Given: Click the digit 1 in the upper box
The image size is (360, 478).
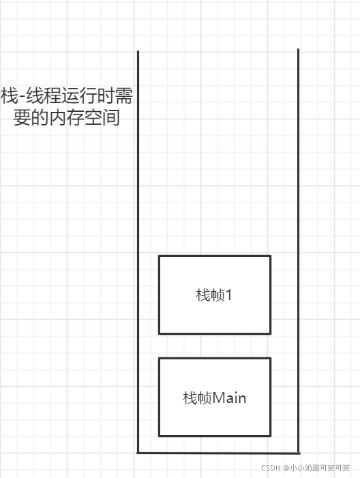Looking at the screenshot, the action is coord(228,295).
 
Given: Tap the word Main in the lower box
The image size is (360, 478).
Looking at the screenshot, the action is coord(229,398).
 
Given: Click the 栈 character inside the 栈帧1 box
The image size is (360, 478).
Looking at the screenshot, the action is coord(202,295).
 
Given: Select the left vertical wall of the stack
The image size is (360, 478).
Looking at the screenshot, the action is coord(138,252).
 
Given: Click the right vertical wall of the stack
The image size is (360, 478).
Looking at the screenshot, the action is coord(298,250).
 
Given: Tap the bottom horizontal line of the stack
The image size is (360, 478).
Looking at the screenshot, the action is coord(218,453).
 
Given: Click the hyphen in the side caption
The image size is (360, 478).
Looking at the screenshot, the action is coord(22,97).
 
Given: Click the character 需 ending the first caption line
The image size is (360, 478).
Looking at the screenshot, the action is coord(124,95).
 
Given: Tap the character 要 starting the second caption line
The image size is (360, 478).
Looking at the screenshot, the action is coord(22,117).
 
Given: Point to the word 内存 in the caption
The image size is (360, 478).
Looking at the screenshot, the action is coord(66,117).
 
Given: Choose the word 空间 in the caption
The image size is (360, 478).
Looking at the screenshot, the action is coord(102,117).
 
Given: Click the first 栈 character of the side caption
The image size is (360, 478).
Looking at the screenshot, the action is coord(9,95).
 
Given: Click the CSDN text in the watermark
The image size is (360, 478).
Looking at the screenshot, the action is coord(271,468).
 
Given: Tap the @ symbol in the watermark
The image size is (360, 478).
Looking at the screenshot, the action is coord(286,468).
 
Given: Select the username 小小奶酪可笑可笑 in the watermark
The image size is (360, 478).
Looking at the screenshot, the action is coord(319,468).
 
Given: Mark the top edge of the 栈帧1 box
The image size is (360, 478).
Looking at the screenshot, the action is coord(215,256).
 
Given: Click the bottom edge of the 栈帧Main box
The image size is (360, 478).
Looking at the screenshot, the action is coord(215,436).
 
